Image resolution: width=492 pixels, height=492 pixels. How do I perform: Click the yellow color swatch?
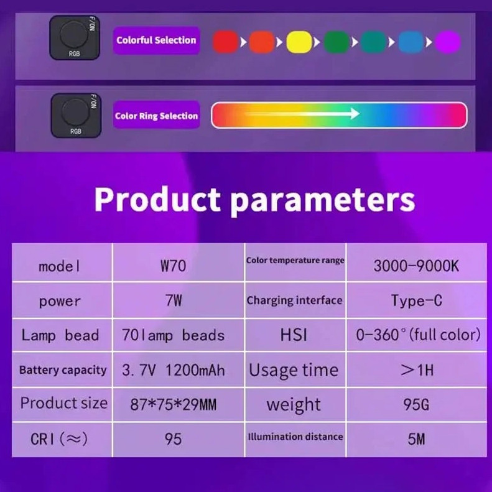coord(299,42)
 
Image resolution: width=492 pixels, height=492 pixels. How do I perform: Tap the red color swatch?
coord(225,42)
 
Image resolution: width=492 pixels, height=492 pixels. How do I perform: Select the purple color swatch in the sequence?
coord(448,42)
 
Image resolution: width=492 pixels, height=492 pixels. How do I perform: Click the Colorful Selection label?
coord(156,40)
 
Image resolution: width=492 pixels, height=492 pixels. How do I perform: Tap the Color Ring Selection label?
coord(156,116)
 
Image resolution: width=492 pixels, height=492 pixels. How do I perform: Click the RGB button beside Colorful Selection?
coord(75,38)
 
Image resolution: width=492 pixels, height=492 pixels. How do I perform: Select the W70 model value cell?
coord(174,266)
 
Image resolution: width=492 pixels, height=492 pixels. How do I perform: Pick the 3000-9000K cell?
coord(416,266)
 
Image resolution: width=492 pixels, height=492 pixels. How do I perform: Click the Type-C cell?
coord(416,301)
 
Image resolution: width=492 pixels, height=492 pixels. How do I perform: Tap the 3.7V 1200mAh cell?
coord(174,371)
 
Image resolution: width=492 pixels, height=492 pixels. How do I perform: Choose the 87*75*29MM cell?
coord(174,405)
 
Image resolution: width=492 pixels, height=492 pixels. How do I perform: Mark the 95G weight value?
coord(416,405)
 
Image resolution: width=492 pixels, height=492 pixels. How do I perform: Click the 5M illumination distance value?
coord(416,439)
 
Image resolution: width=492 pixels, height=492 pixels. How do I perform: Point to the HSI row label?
coord(294,335)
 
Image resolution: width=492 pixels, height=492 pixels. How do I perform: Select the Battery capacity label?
coord(62,370)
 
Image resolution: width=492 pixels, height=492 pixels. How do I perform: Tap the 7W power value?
coord(174,301)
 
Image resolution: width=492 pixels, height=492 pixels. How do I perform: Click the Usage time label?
coord(294,370)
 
